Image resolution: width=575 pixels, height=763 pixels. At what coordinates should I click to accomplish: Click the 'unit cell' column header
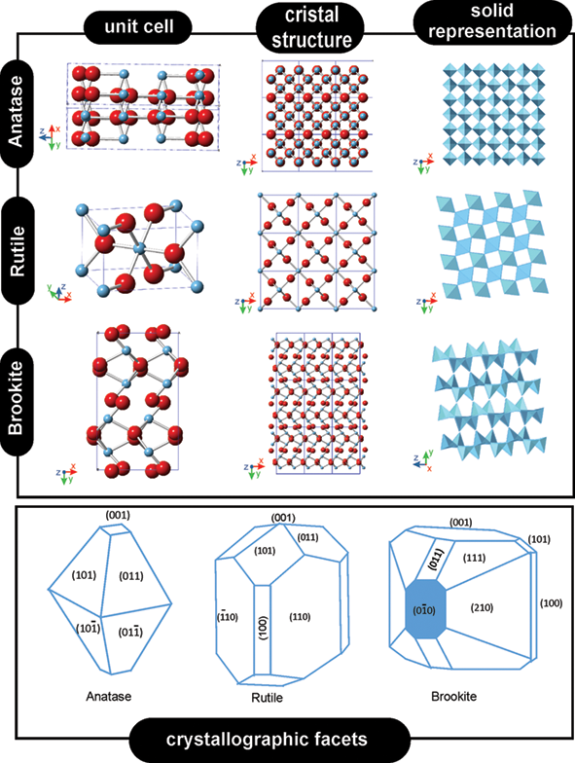point(138,26)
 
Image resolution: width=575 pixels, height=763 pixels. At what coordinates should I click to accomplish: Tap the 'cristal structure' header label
point(311,27)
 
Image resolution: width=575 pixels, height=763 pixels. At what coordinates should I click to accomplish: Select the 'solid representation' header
point(492,21)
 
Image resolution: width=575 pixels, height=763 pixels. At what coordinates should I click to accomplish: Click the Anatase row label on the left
point(17,111)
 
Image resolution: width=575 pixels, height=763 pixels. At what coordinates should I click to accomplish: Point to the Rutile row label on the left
point(18,251)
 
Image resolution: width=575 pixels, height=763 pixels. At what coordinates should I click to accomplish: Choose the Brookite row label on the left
point(17,397)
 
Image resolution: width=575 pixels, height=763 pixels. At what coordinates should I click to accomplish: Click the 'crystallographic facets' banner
point(267,740)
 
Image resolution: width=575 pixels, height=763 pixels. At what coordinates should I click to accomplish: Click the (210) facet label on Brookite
point(482,607)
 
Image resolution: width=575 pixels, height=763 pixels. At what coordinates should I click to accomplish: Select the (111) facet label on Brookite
point(474,558)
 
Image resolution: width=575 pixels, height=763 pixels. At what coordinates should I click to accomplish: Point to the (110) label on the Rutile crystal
point(300,617)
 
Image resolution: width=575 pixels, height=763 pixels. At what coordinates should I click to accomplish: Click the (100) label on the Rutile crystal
point(263,627)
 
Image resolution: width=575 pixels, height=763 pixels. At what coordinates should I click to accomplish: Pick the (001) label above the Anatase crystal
point(118,515)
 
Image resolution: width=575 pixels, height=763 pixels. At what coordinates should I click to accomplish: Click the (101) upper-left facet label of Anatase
point(84,575)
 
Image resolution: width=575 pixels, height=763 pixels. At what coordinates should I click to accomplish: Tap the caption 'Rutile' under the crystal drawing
point(267,697)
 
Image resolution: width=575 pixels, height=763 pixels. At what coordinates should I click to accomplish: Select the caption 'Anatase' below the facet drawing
point(109,696)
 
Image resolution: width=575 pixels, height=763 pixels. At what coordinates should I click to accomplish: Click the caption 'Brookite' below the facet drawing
point(453,696)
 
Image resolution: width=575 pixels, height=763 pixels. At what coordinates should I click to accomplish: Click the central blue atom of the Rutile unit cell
point(140,249)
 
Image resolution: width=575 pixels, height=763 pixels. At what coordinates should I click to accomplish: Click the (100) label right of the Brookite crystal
point(551,603)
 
